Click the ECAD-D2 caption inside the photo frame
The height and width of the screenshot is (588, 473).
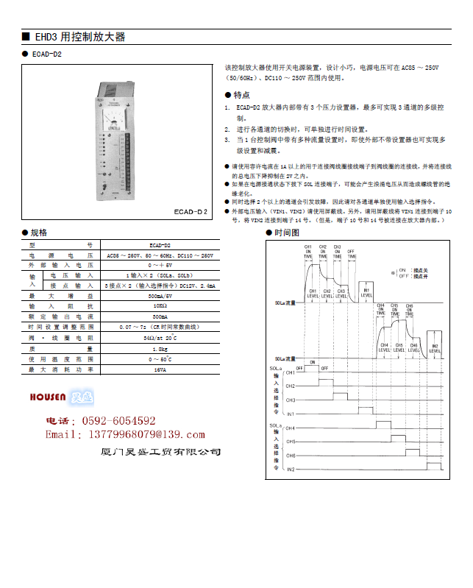coord(191,211)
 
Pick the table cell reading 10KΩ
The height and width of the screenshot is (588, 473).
coord(160,305)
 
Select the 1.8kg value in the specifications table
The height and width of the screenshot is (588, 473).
coord(160,348)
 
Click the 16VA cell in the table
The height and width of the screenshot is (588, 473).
coord(160,370)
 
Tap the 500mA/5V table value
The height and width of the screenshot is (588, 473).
coord(160,294)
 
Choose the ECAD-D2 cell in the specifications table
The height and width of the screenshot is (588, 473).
coord(160,244)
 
